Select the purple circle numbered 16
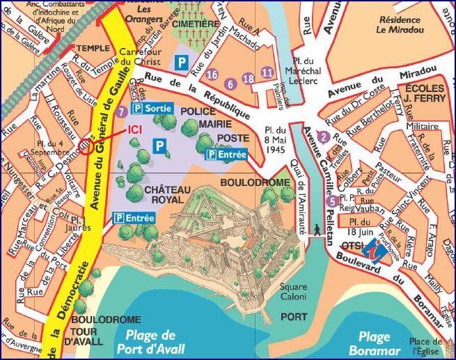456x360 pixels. pos(212,75)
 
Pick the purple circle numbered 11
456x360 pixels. pos(266,72)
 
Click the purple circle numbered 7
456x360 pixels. pos(123,111)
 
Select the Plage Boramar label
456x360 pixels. pos(375,343)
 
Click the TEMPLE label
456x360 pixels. pos(93,48)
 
